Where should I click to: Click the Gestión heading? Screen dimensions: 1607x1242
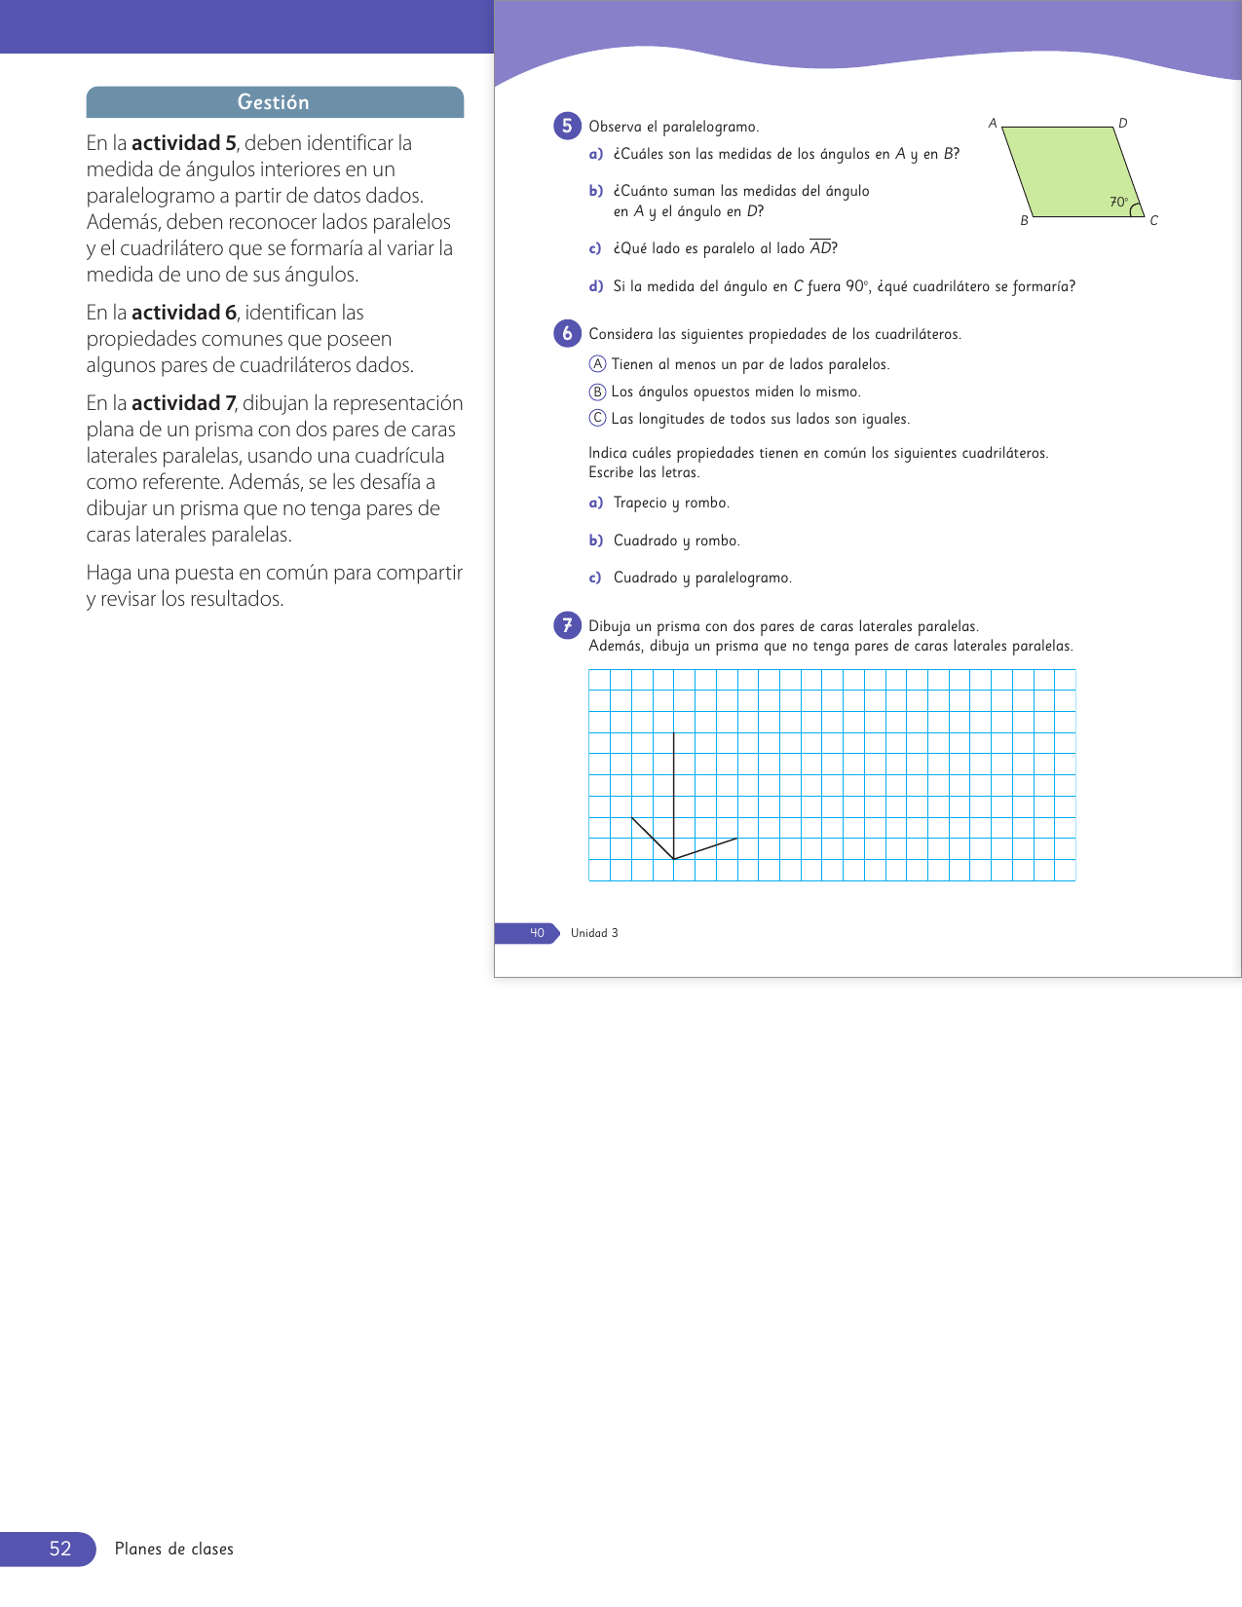tap(274, 102)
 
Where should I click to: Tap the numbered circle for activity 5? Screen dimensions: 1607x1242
tap(567, 126)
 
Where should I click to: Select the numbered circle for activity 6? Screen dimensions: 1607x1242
tap(567, 333)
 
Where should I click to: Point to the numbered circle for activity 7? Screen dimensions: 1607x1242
tap(567, 625)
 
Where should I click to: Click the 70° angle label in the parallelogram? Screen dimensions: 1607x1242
tap(1118, 203)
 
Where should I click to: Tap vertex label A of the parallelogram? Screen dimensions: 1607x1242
tap(993, 124)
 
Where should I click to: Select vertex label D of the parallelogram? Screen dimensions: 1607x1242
tap(1123, 124)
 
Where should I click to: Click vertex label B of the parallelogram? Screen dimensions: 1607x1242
tap(1024, 221)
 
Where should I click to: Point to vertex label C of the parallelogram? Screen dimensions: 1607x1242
tap(1154, 221)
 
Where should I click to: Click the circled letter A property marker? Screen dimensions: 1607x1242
tap(598, 364)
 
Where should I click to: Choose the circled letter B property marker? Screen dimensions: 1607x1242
tap(598, 392)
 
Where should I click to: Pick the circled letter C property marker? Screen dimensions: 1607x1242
tap(598, 419)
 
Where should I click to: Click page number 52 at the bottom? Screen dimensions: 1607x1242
tap(60, 1549)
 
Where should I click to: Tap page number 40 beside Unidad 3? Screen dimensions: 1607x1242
tap(537, 933)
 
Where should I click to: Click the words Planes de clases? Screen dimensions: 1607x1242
tap(174, 1549)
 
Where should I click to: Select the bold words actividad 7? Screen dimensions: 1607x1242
tap(183, 403)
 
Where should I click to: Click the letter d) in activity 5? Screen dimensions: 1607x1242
tap(596, 286)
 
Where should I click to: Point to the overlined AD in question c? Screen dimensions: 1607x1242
tap(821, 248)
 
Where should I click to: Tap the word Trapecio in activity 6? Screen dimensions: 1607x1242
tap(640, 503)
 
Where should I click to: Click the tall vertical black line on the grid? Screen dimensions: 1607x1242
tap(674, 794)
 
